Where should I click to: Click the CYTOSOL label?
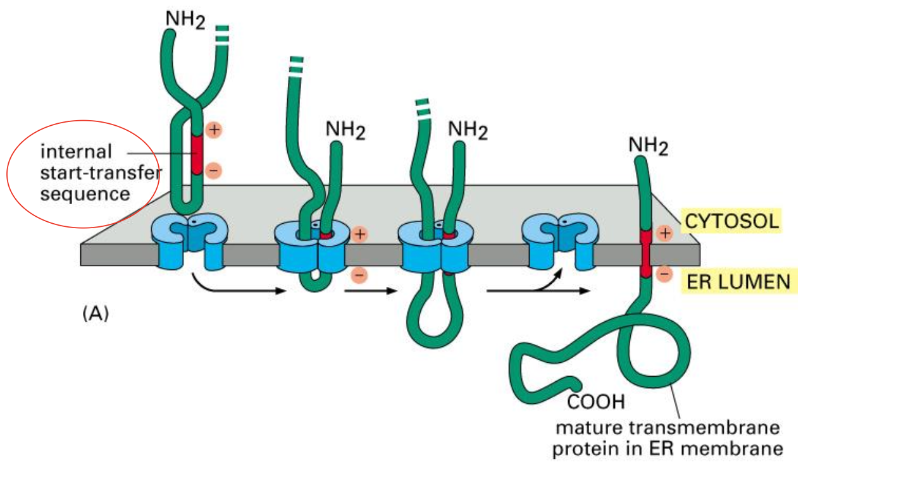tap(731, 222)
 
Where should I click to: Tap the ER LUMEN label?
tap(738, 281)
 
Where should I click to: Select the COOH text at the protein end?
tap(595, 401)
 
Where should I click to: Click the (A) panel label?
tap(96, 314)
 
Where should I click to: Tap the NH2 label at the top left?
tap(185, 18)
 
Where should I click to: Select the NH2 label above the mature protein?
tap(648, 145)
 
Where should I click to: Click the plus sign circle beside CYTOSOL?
tap(664, 233)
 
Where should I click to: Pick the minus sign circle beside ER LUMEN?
tap(664, 274)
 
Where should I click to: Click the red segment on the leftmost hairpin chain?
tap(197, 154)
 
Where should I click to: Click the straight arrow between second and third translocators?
tap(370, 292)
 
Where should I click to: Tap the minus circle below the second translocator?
tap(357, 275)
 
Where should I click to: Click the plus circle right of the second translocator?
tap(359, 234)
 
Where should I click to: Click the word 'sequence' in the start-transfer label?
tap(85, 193)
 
